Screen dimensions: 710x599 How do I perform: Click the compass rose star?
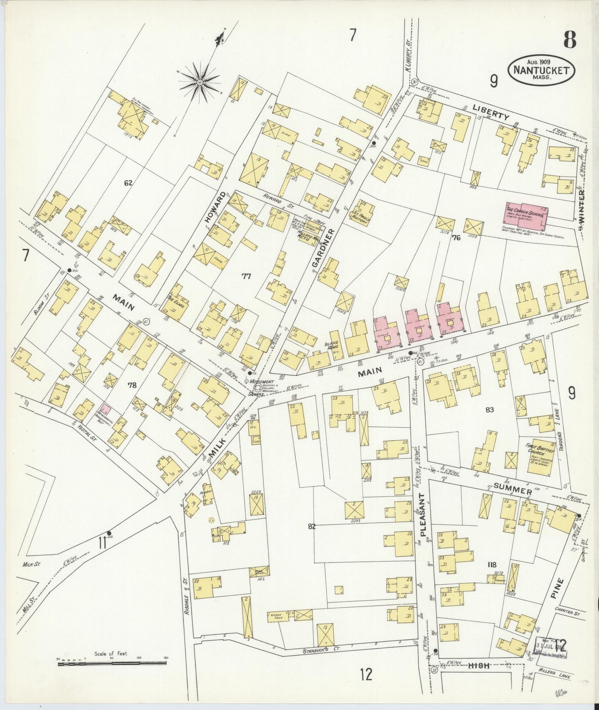tap(200, 82)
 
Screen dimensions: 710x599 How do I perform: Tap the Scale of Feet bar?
tap(112, 663)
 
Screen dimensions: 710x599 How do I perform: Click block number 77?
tap(247, 276)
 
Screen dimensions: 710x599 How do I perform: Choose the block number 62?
tap(128, 182)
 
